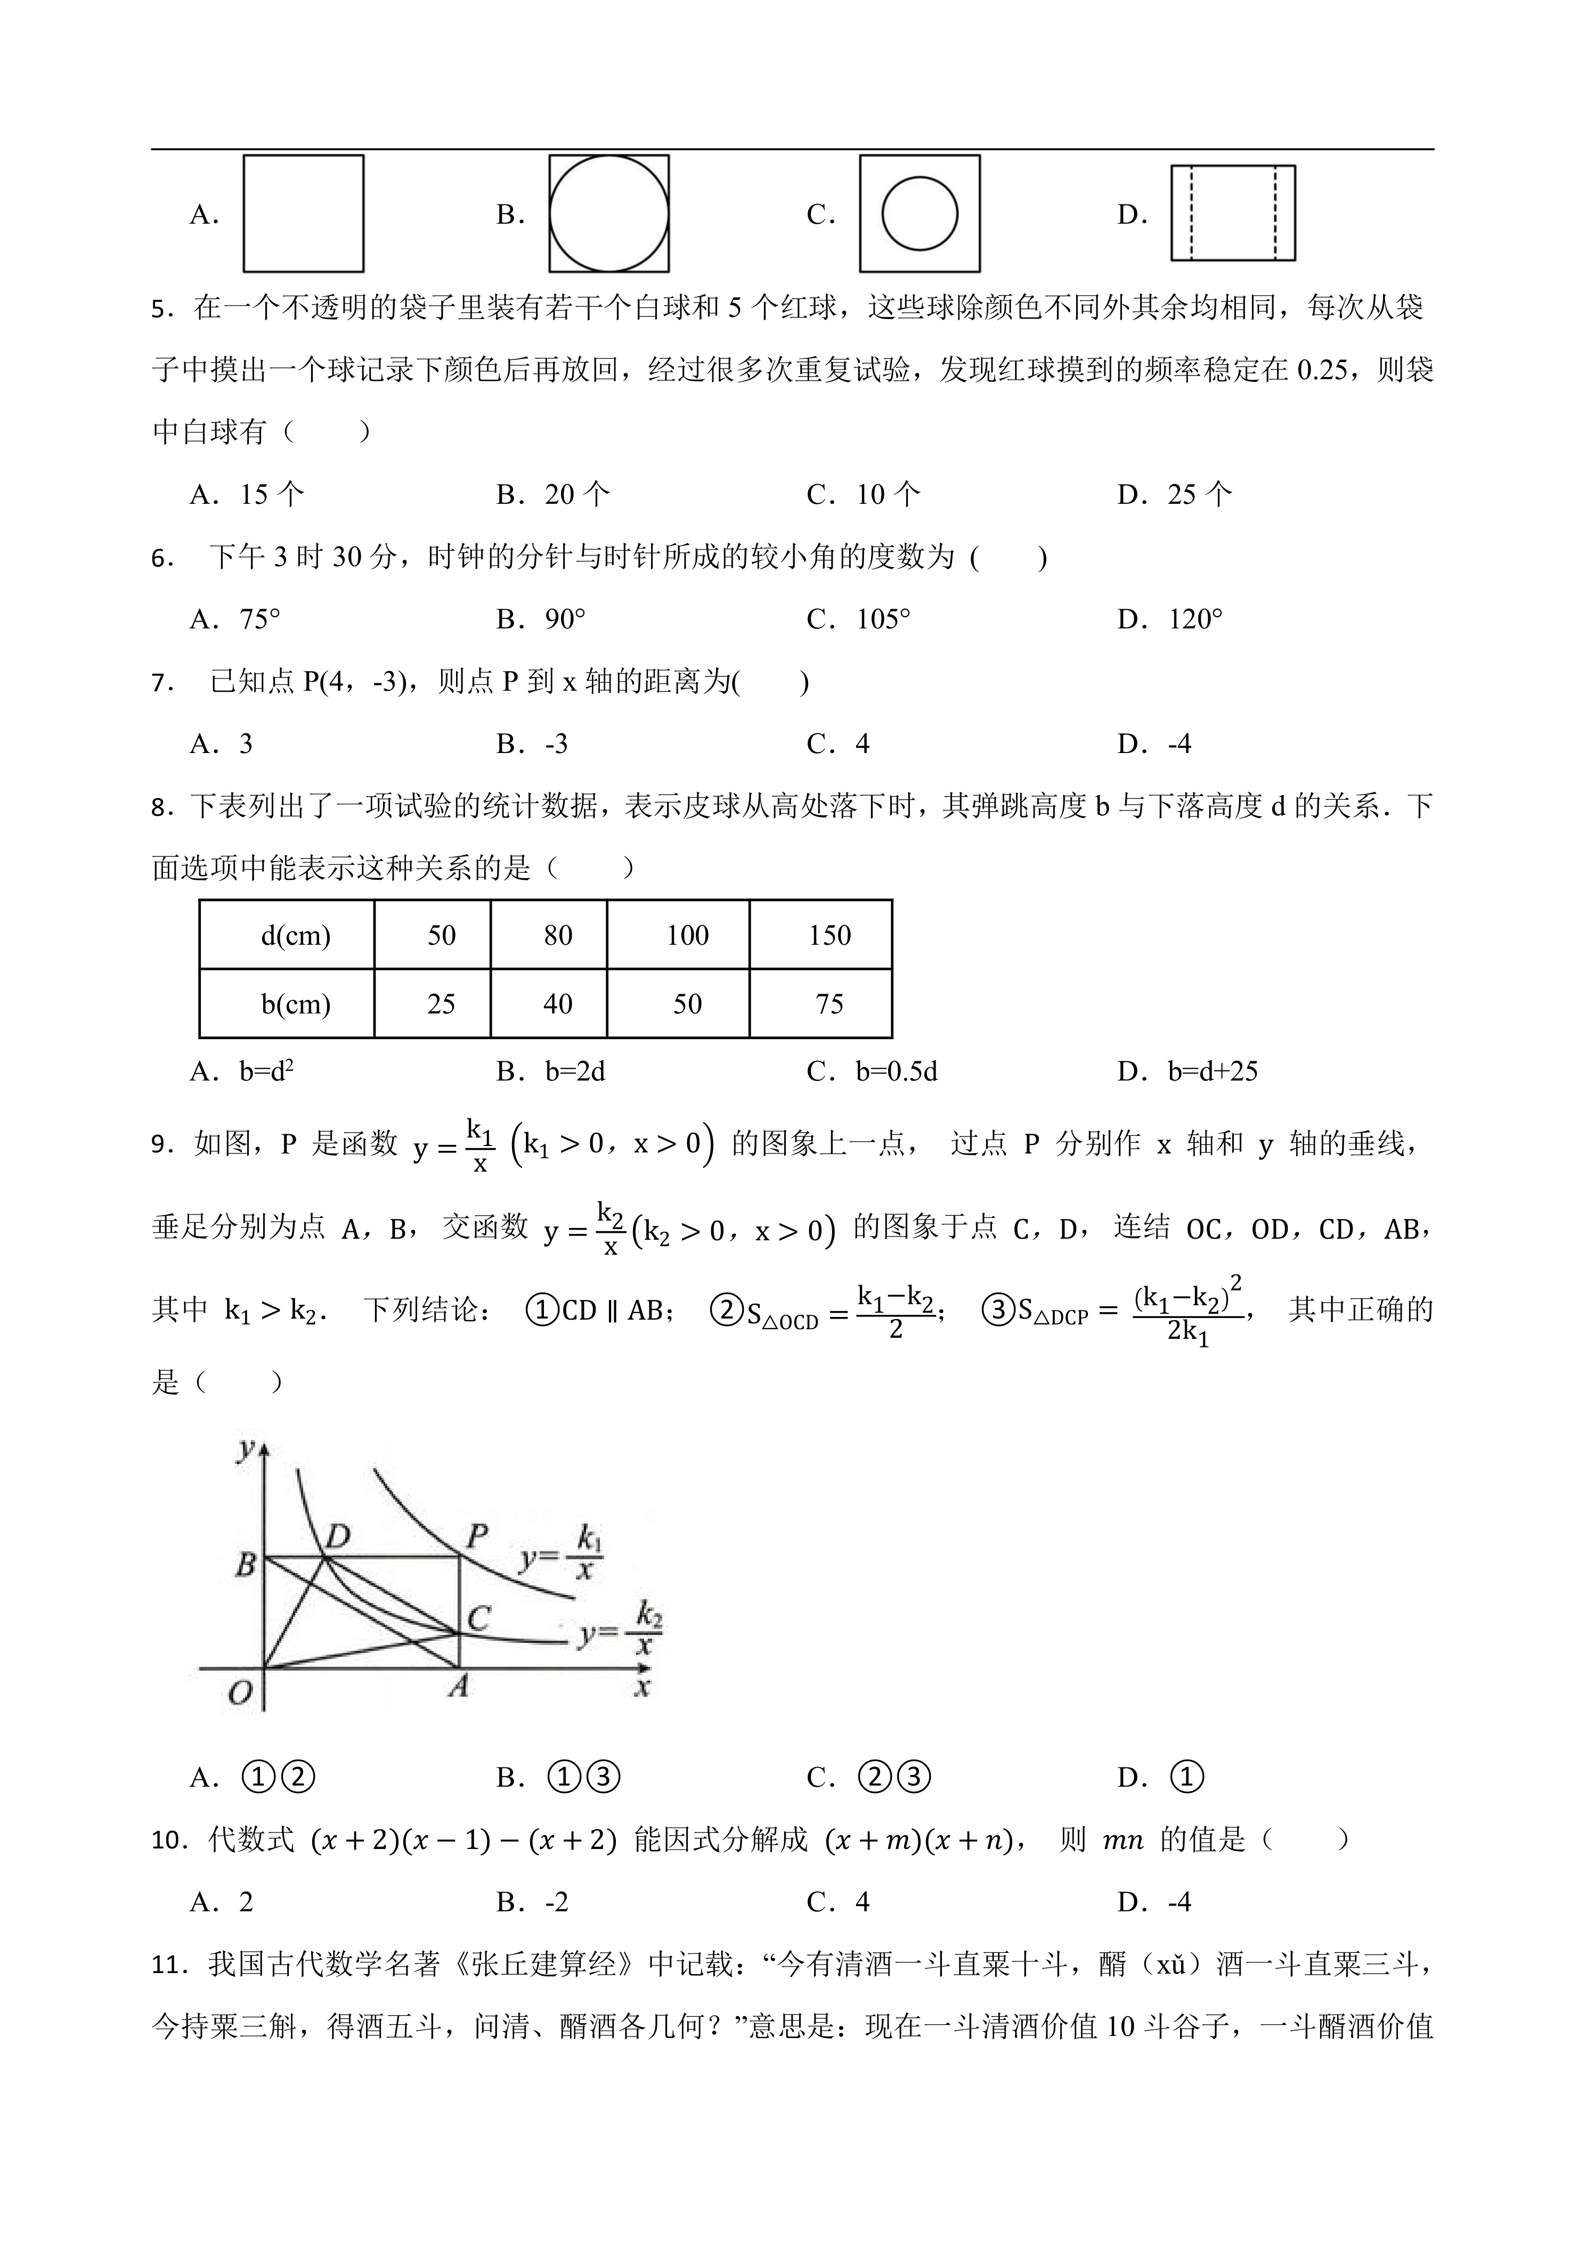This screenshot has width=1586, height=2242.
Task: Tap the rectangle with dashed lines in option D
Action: [x=1232, y=214]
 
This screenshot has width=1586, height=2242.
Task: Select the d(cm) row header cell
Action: [x=295, y=936]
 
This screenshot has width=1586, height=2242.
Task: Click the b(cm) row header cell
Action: [x=295, y=1004]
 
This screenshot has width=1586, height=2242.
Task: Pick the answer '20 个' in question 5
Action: [x=576, y=494]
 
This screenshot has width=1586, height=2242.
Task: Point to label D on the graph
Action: [x=337, y=1537]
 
